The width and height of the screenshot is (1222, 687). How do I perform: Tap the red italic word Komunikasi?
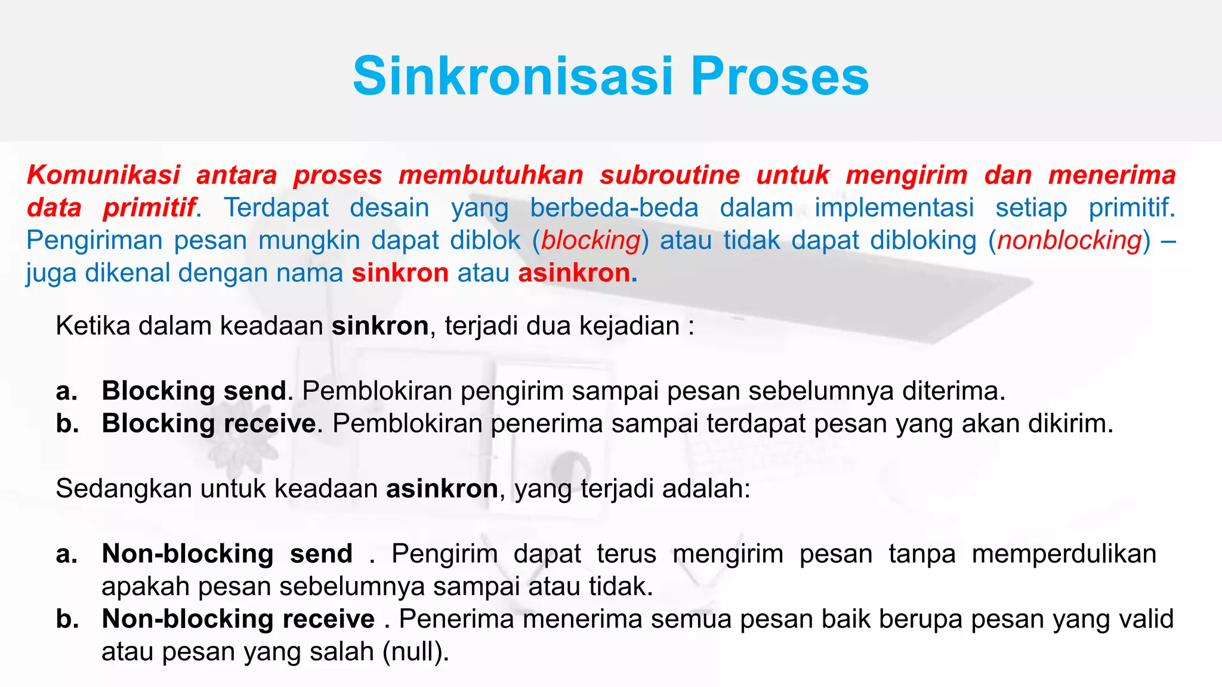[x=103, y=175]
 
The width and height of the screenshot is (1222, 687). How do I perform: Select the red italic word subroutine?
[x=669, y=175]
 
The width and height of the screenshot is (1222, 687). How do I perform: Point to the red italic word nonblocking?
[x=1069, y=240]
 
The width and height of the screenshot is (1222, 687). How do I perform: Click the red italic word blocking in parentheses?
[x=591, y=240]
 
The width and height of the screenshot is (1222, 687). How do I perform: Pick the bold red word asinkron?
[x=574, y=273]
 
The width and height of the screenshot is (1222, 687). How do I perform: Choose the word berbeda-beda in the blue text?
[x=614, y=208]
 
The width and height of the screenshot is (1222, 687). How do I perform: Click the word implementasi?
[x=894, y=208]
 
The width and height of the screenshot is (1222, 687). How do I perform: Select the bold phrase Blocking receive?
[x=209, y=424]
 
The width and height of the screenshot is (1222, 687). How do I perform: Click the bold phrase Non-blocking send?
[x=227, y=554]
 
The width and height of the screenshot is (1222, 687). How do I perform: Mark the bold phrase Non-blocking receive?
[x=238, y=619]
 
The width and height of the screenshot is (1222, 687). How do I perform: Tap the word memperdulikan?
[x=1064, y=554]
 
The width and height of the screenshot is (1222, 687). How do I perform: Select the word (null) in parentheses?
[x=415, y=652]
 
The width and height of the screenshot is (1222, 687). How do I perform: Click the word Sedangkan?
[x=124, y=489]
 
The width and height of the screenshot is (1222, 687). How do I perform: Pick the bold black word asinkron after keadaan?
[x=442, y=489]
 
